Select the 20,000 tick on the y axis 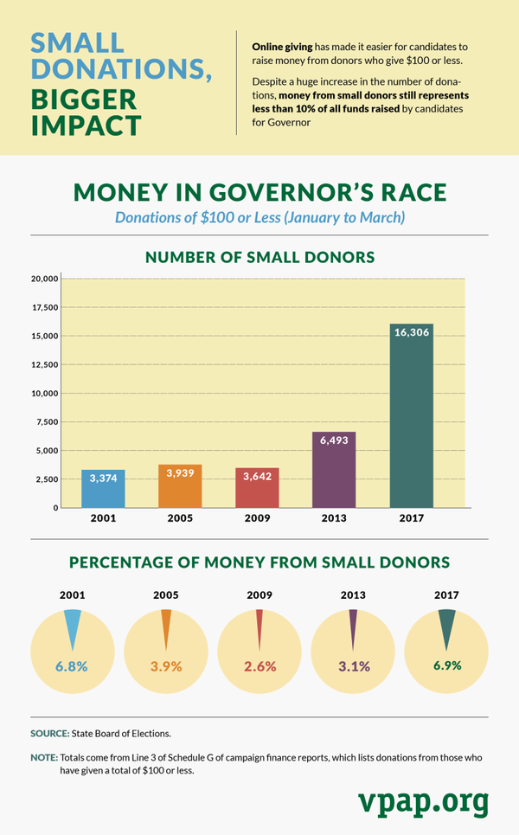point(43,279)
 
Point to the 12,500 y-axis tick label point(43,364)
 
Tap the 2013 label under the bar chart point(334,518)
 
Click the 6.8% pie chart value point(73,666)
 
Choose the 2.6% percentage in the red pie point(259,666)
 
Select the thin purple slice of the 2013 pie point(353,625)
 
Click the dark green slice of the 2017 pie point(446,625)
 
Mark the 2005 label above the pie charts point(166,595)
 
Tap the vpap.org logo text point(423,801)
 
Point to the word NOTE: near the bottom point(44,757)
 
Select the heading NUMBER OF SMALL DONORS point(259,257)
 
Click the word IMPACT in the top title point(86,124)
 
